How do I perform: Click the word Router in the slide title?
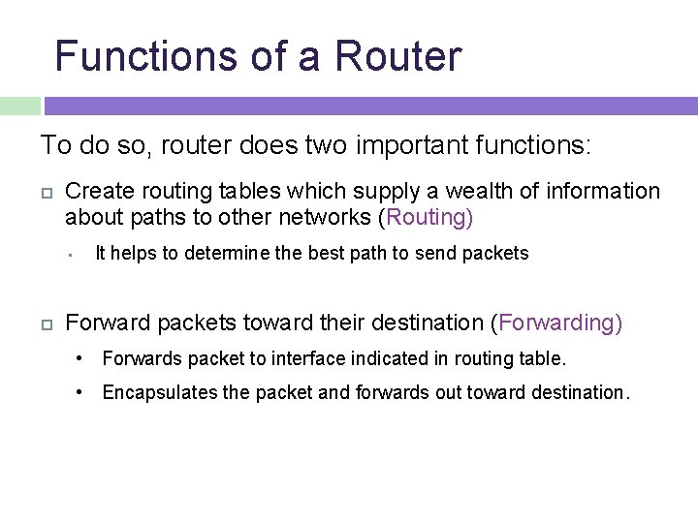pyautogui.click(x=398, y=56)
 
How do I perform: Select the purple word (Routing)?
pyautogui.click(x=428, y=217)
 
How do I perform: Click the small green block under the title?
pyautogui.click(x=19, y=106)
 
